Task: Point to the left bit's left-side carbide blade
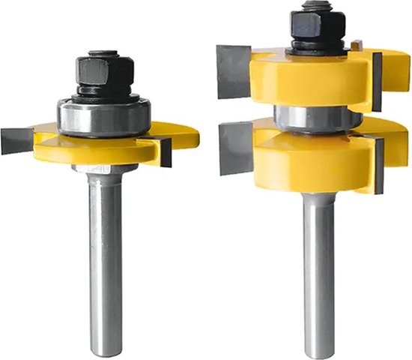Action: pos(17,140)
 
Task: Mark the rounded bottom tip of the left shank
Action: pos(105,349)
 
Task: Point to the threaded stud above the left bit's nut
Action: pos(104,54)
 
